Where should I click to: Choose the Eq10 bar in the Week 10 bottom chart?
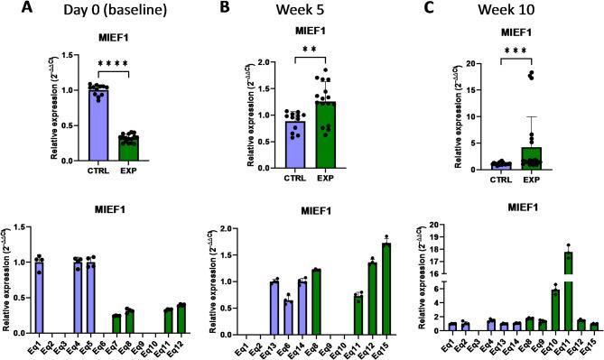pos(555,309)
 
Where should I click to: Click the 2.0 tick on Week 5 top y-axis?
pos(237,62)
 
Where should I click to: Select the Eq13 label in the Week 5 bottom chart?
pos(272,342)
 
